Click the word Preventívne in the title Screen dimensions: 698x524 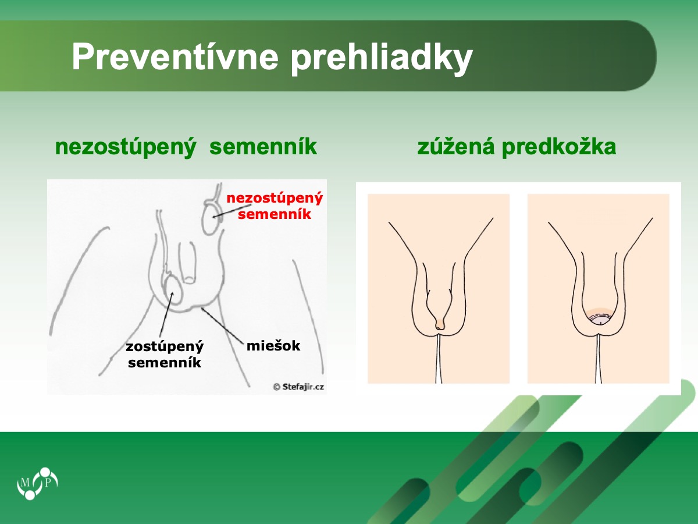pyautogui.click(x=175, y=57)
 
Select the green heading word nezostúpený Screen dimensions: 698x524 pyautogui.click(x=126, y=147)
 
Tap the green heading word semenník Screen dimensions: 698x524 pyautogui.click(x=263, y=147)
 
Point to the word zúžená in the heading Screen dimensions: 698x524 pyautogui.click(x=455, y=147)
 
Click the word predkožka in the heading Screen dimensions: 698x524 pyautogui.click(x=559, y=147)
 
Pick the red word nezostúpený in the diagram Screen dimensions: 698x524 pyautogui.click(x=275, y=199)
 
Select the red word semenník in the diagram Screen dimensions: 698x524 pyautogui.click(x=275, y=214)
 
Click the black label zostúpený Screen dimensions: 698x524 pyautogui.click(x=165, y=347)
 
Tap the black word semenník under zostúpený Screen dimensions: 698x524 pyautogui.click(x=165, y=362)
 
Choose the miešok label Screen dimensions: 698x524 pyautogui.click(x=273, y=345)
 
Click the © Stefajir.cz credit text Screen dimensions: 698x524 pyautogui.click(x=298, y=387)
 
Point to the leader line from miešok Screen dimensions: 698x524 pyautogui.click(x=222, y=325)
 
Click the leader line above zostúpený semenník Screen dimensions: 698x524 pyautogui.click(x=166, y=315)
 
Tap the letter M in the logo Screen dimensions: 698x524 pyautogui.click(x=25, y=483)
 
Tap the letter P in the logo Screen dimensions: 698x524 pyautogui.click(x=48, y=483)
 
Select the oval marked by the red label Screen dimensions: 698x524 pyautogui.click(x=212, y=219)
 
